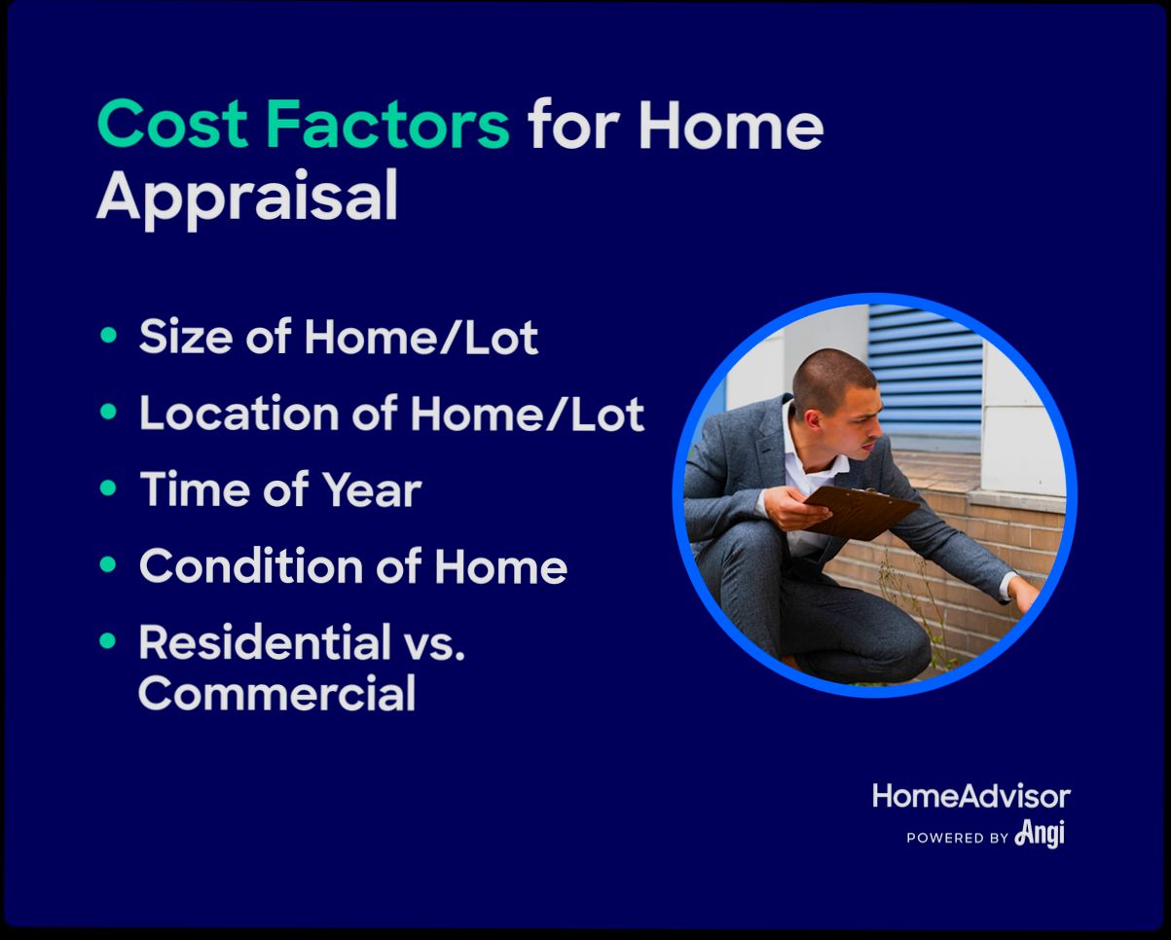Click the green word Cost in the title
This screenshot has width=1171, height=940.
[x=174, y=126]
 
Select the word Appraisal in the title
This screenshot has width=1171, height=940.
[x=247, y=197]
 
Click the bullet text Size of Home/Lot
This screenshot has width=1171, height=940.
[x=338, y=338]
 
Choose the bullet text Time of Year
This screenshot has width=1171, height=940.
[x=280, y=489]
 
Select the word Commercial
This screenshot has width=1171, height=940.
[x=276, y=694]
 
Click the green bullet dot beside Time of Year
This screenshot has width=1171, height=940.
[x=109, y=488]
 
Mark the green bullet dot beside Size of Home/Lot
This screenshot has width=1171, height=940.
[x=109, y=336]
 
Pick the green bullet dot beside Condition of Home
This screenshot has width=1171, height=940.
[x=109, y=563]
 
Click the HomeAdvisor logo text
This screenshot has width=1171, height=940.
[x=970, y=796]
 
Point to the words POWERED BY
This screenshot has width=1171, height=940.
[x=957, y=837]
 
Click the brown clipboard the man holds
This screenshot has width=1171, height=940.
[x=861, y=508]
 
